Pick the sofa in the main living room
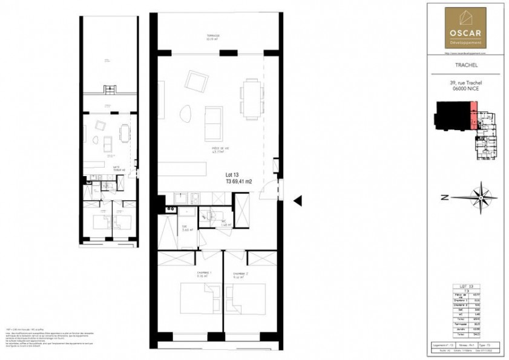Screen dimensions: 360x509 (214, 122)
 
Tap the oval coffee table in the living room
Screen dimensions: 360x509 (186, 113)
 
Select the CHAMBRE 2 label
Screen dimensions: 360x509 (241, 273)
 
